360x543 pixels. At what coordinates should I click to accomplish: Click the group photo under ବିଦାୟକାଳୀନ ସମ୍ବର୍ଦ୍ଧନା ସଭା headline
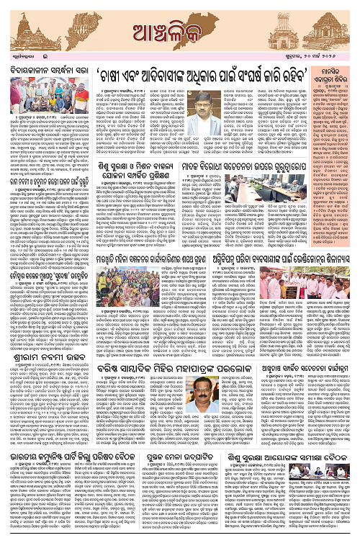tap(49, 96)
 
